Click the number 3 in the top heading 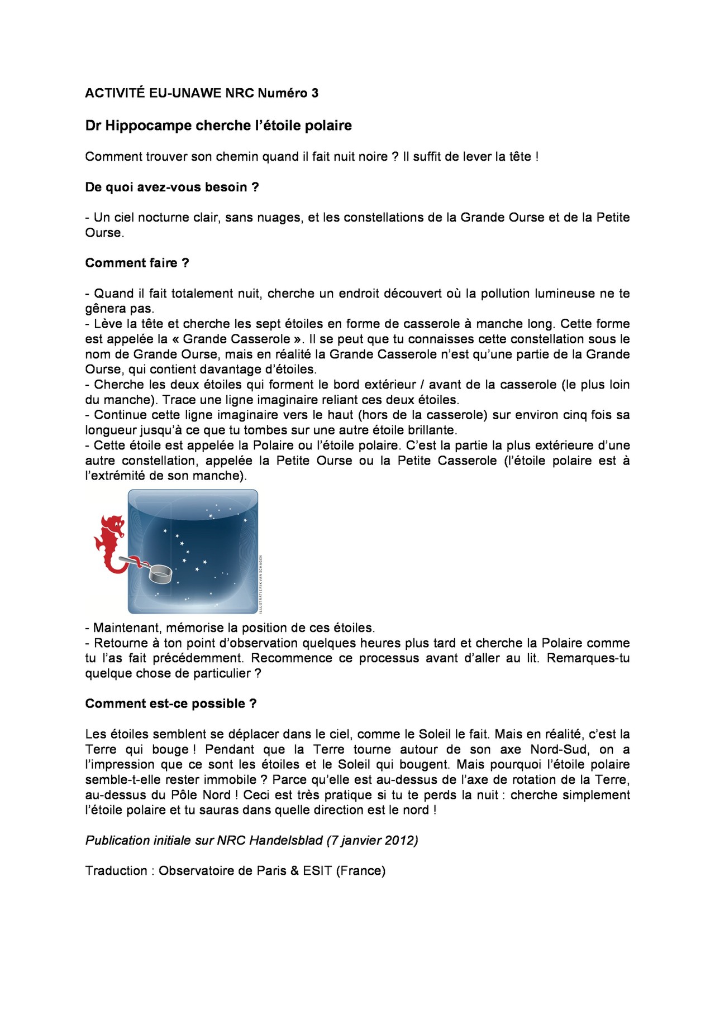pyautogui.click(x=315, y=93)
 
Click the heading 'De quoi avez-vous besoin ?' pyautogui.click(x=172, y=187)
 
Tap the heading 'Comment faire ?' pyautogui.click(x=137, y=263)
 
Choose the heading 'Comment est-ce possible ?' pyautogui.click(x=171, y=703)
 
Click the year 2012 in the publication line pyautogui.click(x=402, y=840)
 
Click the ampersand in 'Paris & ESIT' pyautogui.click(x=294, y=870)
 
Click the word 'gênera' pyautogui.click(x=106, y=309)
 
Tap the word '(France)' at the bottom pyautogui.click(x=361, y=870)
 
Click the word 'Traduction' pyautogui.click(x=116, y=870)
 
